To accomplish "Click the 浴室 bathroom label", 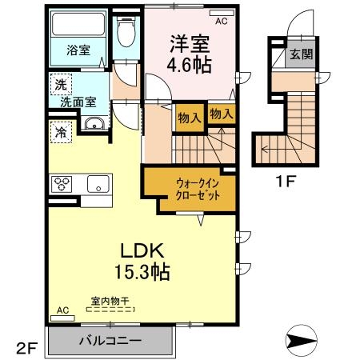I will coord(78,50).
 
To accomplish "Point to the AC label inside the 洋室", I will coord(221,22).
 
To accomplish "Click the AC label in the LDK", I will coord(63,310).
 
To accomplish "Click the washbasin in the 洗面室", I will coord(94,124).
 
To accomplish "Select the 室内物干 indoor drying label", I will coord(110,301).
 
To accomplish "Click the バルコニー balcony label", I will coord(110,341).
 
